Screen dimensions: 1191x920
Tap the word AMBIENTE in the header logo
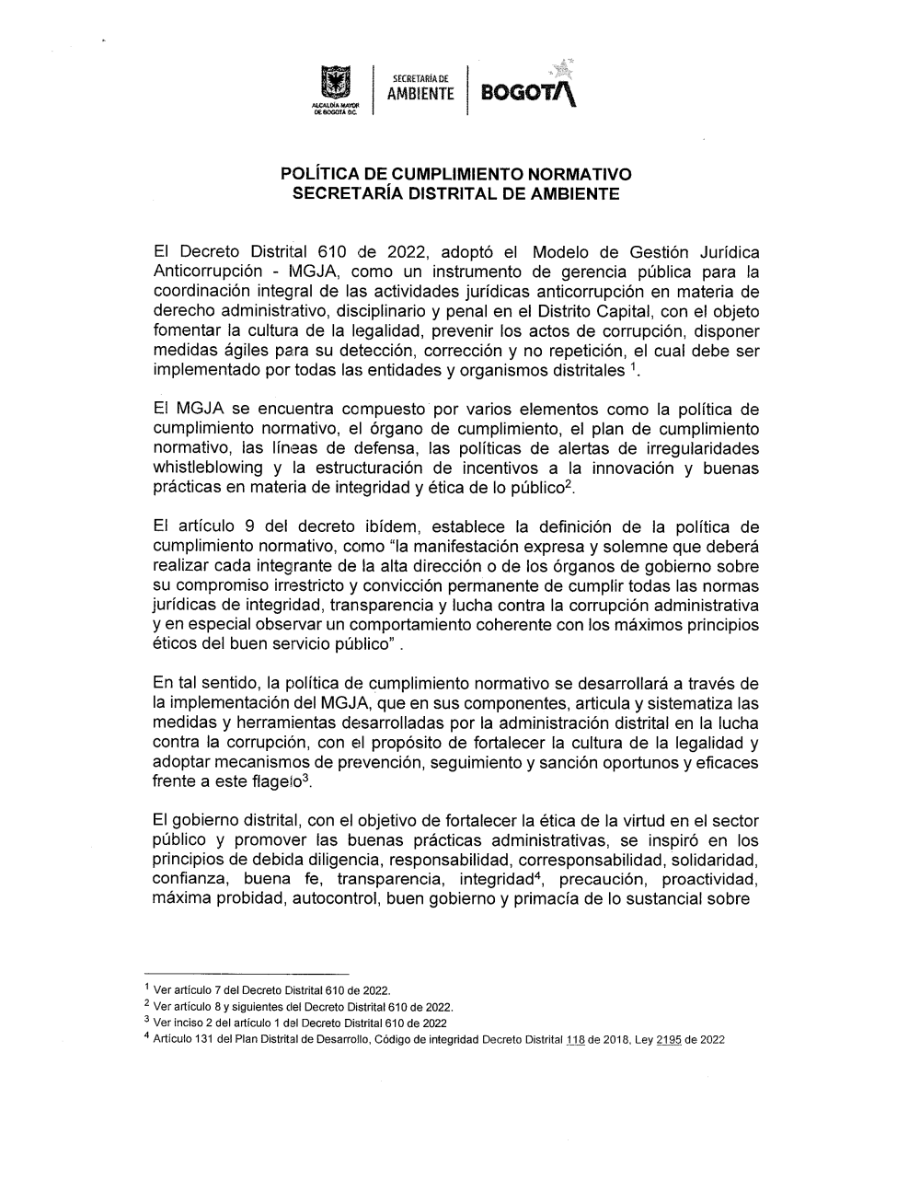[420, 94]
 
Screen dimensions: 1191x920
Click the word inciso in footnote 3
[189, 1023]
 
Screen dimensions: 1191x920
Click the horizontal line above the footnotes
[247, 973]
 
